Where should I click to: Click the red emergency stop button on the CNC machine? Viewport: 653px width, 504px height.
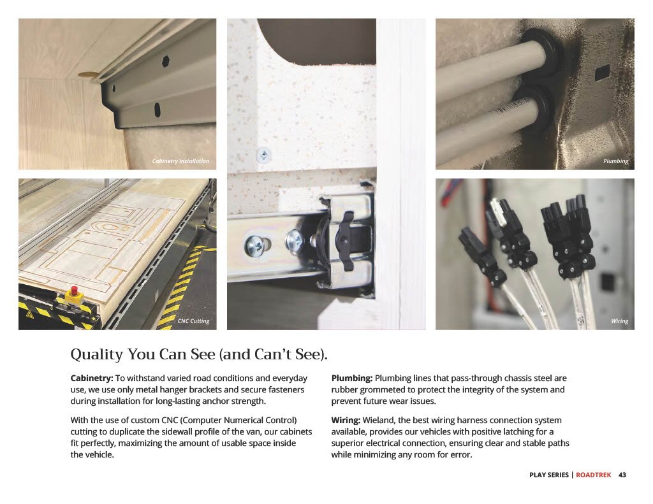[x=75, y=290]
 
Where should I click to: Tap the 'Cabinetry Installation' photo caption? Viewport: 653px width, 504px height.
[x=180, y=161]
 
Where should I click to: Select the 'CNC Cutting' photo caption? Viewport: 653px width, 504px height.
[x=194, y=321]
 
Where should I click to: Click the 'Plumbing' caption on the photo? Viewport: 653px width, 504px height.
[x=615, y=161]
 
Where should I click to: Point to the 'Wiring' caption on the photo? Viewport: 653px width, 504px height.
[x=620, y=321]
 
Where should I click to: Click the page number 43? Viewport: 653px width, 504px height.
[x=622, y=475]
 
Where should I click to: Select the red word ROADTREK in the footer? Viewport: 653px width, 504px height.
[x=594, y=475]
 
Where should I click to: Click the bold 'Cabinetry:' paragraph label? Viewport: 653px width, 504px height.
[x=92, y=378]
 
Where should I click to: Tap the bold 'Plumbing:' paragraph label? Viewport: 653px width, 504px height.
[x=352, y=378]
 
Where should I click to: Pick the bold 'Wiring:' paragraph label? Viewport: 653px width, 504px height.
[x=346, y=421]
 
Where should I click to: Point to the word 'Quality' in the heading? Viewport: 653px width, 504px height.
[x=97, y=355]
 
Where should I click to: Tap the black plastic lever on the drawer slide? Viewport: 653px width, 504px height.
[x=343, y=240]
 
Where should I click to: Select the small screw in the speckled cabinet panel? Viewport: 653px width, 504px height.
[x=263, y=155]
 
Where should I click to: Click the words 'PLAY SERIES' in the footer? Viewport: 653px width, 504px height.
[x=549, y=475]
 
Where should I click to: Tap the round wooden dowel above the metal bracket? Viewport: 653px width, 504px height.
[x=86, y=75]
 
